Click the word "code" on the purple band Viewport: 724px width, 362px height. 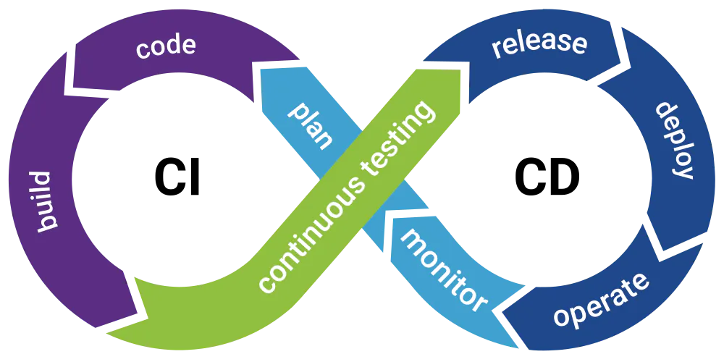tap(166, 46)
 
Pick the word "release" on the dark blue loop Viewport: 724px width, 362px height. tap(539, 44)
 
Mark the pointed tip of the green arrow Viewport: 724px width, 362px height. tap(462, 71)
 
